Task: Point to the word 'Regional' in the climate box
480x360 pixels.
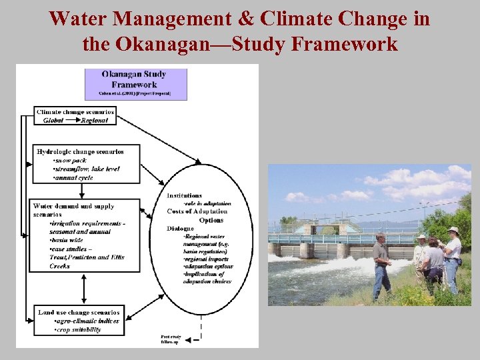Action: pyautogui.click(x=99, y=121)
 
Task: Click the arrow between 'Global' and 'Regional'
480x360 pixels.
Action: pyautogui.click(x=73, y=121)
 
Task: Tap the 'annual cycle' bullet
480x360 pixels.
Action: pyautogui.click(x=74, y=177)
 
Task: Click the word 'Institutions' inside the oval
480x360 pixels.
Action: pyautogui.click(x=185, y=195)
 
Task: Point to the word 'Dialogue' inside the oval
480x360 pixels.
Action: pyautogui.click(x=181, y=229)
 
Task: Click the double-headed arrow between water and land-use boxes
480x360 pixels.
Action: pyautogui.click(x=84, y=288)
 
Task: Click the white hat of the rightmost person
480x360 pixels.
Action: pyautogui.click(x=453, y=230)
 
